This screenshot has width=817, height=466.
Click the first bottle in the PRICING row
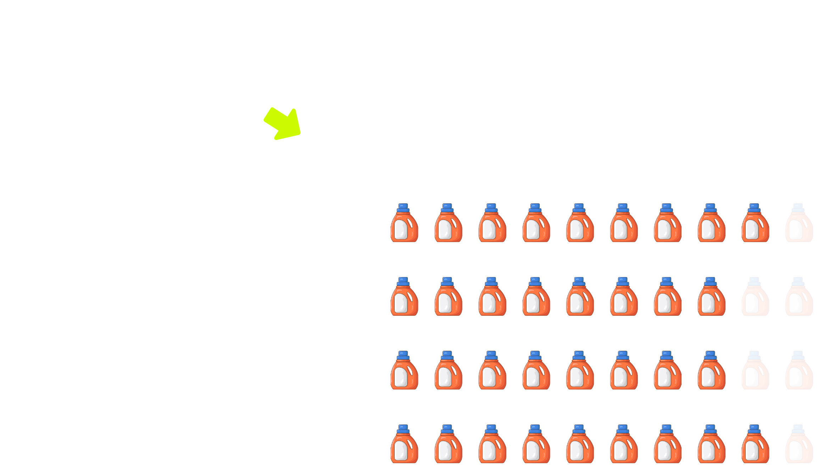point(404,223)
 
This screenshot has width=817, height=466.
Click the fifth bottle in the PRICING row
point(580,223)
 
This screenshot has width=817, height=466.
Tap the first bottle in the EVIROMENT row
point(404,297)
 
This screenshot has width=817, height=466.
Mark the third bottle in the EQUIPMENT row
point(492,371)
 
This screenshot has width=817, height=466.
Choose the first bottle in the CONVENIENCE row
point(404,444)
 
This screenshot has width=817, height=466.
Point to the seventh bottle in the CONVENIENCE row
point(667,444)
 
